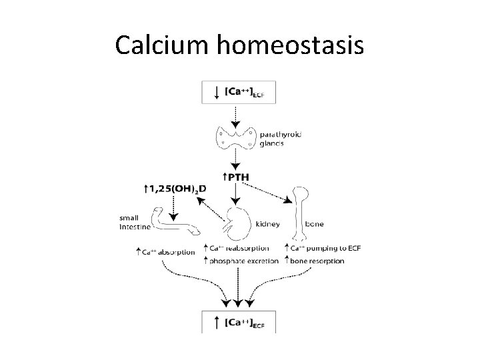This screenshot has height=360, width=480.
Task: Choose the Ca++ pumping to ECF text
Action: point(320,249)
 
